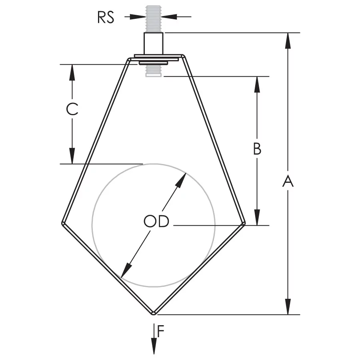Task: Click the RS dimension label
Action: point(106,17)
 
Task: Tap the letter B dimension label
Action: point(257,149)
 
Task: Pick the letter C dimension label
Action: point(72,109)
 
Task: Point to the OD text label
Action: point(156,221)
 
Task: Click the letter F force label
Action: point(161,331)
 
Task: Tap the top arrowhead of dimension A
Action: point(288,41)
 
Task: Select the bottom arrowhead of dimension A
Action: point(288,306)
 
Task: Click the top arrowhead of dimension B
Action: point(257,84)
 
